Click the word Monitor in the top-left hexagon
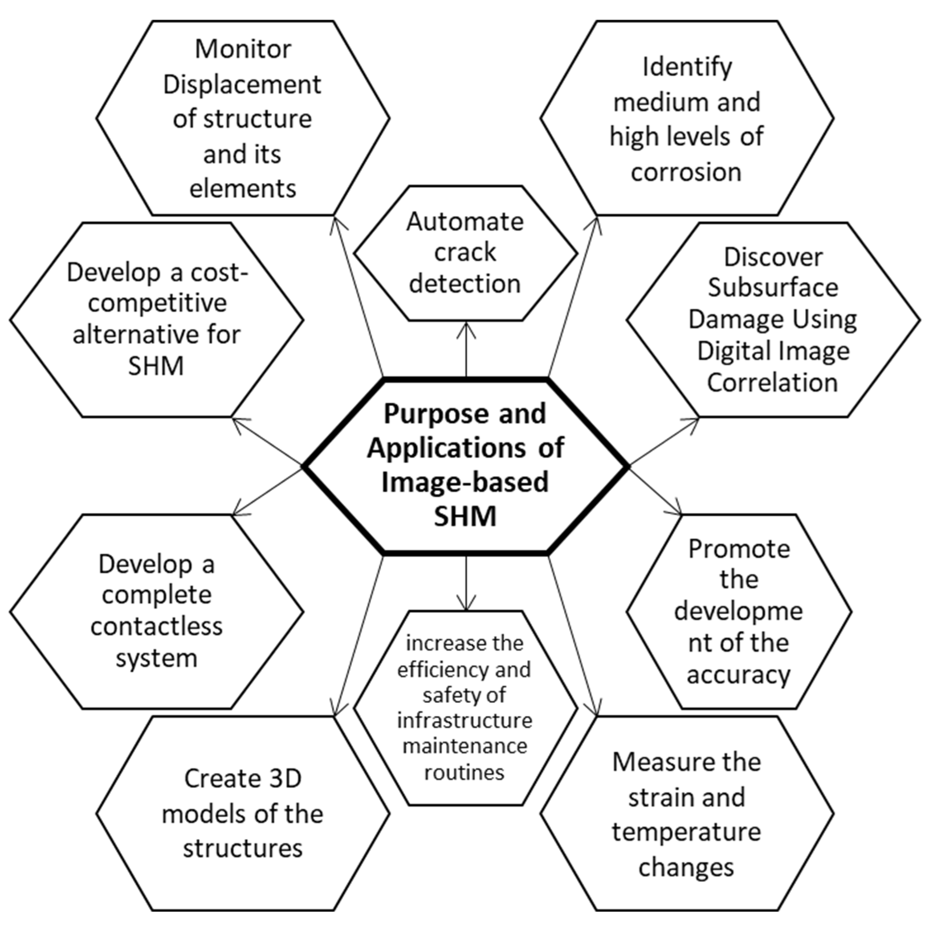(243, 49)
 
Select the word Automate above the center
(465, 222)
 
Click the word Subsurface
(773, 288)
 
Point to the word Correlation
(773, 383)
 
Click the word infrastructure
(465, 721)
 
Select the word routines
(465, 773)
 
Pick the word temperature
(686, 832)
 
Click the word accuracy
(738, 675)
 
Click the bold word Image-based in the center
(465, 483)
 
